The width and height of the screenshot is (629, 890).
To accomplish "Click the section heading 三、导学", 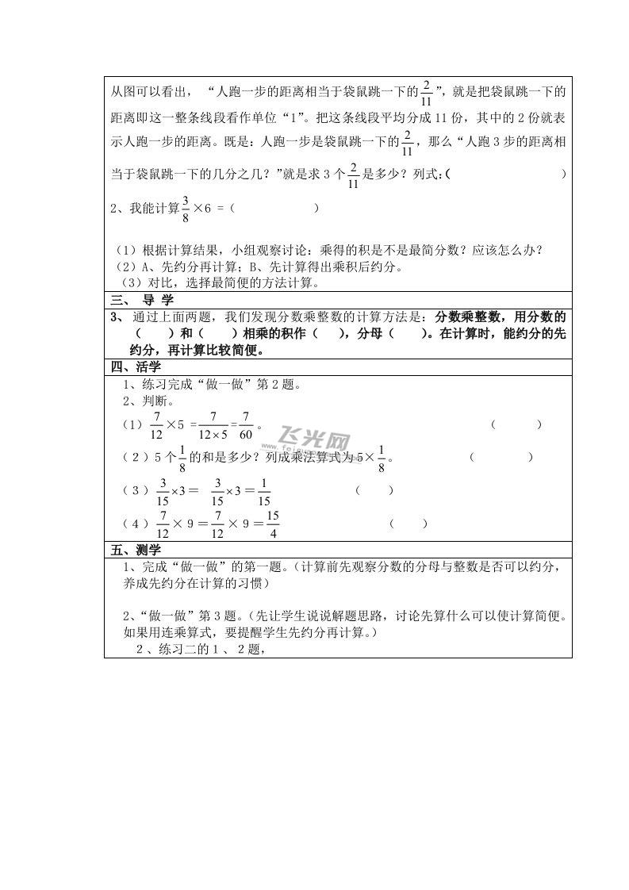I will coord(142,300).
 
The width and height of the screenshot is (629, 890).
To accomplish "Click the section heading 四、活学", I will coord(136,366).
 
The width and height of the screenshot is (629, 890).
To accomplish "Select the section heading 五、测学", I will coord(136,549).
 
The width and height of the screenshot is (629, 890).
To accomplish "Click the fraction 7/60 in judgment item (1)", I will coord(247,425).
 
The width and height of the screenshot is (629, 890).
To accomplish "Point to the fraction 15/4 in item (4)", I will coord(272,524).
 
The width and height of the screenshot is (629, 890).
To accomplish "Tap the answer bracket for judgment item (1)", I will coord(516,424).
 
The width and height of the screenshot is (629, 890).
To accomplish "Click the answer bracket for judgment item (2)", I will coord(501,457).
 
